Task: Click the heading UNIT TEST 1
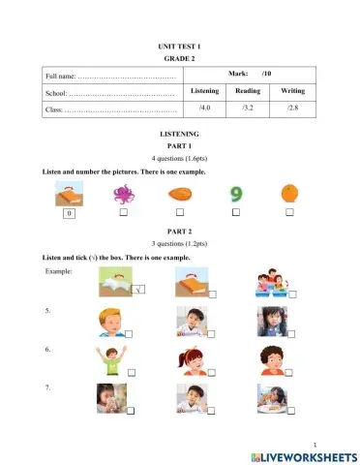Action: pos(179,46)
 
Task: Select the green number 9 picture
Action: pos(235,193)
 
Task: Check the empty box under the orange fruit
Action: pos(289,211)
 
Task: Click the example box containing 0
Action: pos(69,212)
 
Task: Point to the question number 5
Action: pos(47,311)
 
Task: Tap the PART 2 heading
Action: pos(179,232)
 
